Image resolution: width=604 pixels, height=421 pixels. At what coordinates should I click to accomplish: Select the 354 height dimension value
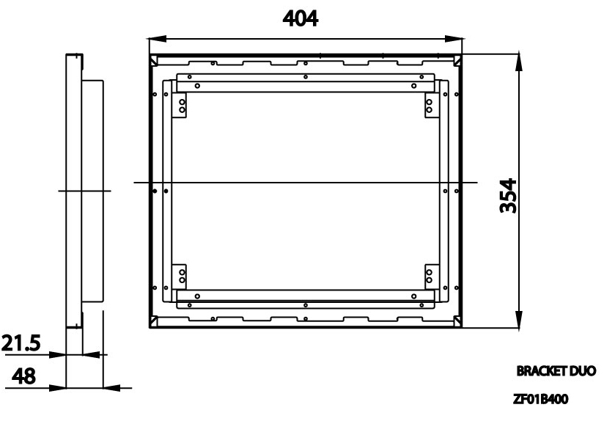[511, 195]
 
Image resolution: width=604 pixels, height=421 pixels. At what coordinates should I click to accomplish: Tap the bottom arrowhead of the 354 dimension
[520, 321]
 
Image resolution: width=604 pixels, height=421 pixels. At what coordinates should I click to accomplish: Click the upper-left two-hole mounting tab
[180, 107]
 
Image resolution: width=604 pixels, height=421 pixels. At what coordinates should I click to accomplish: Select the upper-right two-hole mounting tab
[430, 107]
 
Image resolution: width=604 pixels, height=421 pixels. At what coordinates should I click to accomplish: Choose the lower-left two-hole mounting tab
[180, 276]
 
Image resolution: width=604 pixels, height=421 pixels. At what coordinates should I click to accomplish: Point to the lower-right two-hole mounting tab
[430, 276]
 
